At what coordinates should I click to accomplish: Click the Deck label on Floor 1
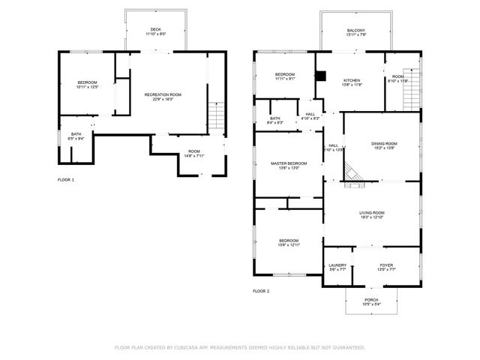156,31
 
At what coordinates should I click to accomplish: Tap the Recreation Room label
163,96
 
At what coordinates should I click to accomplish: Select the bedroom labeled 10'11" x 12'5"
87,84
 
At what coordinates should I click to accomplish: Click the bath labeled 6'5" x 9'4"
67,136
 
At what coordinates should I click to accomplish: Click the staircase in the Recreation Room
216,116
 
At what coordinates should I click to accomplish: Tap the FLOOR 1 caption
66,180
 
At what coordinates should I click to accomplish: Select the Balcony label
356,33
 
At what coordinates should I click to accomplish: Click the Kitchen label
352,82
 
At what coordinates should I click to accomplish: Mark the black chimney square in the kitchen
321,75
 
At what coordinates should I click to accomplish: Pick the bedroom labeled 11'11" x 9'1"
284,76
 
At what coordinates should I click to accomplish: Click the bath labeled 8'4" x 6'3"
275,120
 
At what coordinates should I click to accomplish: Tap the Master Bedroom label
289,165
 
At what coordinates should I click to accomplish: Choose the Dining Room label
384,145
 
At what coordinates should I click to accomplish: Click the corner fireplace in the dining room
352,175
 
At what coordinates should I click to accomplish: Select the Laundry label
337,266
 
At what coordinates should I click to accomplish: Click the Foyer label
386,266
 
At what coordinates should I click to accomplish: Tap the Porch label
372,301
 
